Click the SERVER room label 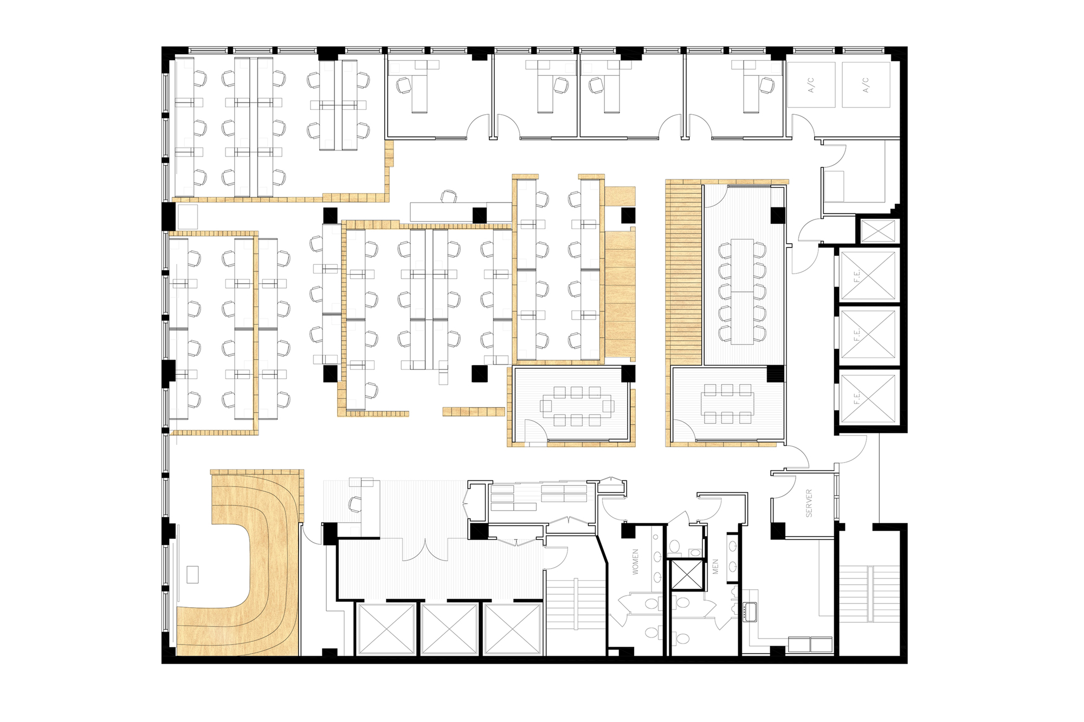coord(809,503)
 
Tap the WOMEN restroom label coord(635,561)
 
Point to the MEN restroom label coord(715,567)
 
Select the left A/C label coord(811,85)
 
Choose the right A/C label coord(866,85)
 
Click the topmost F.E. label coord(857,277)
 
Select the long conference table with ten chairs coord(742,291)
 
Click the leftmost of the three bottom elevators coord(386,629)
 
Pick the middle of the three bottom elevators coord(449,629)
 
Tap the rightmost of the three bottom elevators coord(512,629)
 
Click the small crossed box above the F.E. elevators coord(878,231)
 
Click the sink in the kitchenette coord(750,611)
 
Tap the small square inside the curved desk coord(192,574)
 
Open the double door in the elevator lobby coord(424,549)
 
